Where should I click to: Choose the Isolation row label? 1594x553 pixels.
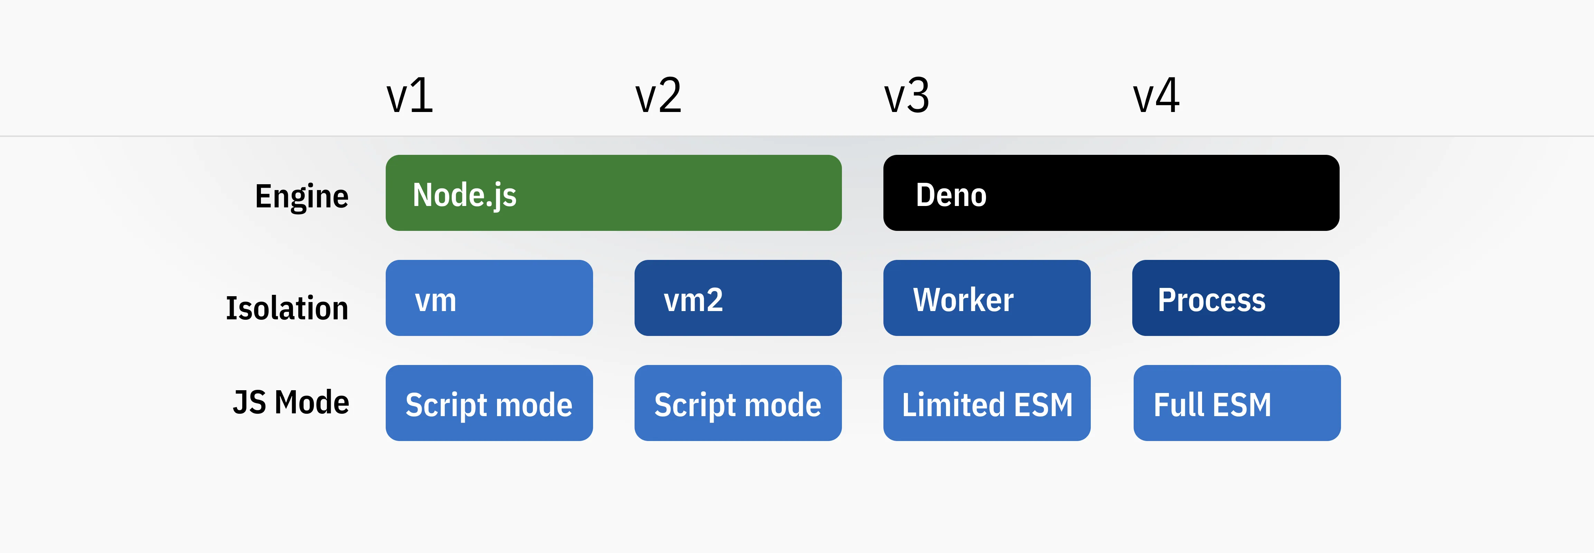point(287,308)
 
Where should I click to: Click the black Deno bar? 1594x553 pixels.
point(1111,193)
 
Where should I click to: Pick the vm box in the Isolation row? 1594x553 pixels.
point(489,298)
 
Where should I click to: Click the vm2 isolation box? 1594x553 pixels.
point(738,298)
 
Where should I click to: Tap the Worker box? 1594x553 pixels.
point(986,298)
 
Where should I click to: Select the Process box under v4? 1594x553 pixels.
point(1235,298)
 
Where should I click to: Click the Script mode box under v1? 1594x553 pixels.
point(489,403)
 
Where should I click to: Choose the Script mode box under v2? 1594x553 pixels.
point(738,403)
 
